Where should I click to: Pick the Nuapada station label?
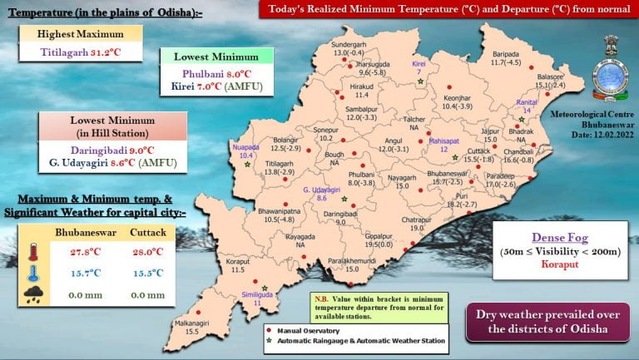point(246,150)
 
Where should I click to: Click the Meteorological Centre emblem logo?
point(605,71)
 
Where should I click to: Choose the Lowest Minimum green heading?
point(216,57)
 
